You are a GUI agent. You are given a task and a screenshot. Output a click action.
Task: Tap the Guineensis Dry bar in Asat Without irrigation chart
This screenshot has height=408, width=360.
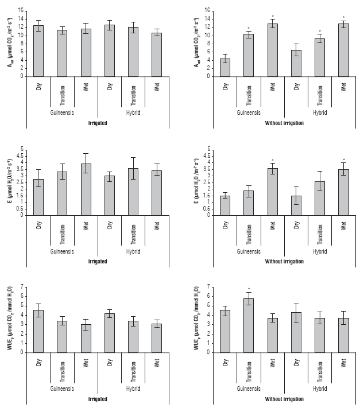tap(225, 67)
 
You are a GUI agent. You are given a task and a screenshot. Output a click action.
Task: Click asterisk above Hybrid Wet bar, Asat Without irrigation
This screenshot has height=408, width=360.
tap(343, 18)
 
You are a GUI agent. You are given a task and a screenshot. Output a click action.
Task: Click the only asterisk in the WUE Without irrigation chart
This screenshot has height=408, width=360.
tap(249, 289)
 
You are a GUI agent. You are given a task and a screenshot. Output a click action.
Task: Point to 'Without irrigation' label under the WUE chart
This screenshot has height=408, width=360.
tap(284, 398)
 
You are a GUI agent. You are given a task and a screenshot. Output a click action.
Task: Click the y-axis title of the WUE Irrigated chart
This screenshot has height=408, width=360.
tap(7, 320)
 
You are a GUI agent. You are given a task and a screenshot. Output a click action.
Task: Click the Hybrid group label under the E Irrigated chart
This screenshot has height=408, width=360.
tap(133, 251)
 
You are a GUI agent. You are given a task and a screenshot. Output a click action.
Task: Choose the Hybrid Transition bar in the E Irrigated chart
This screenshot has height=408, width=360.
tap(133, 192)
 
